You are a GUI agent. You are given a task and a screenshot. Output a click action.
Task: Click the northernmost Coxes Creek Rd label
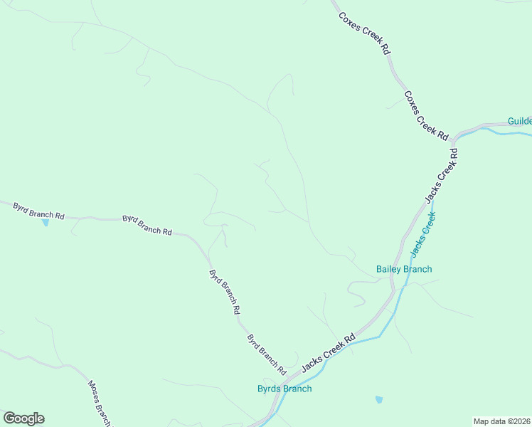click(x=365, y=34)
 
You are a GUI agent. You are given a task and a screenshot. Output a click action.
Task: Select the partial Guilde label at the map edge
click(x=520, y=121)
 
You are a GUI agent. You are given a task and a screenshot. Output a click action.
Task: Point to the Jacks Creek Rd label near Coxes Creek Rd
click(x=441, y=175)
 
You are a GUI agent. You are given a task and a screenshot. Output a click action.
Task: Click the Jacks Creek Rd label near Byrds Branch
click(x=328, y=354)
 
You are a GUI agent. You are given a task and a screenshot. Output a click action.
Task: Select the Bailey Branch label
click(x=404, y=269)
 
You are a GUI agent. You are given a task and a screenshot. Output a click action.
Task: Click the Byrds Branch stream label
click(x=284, y=389)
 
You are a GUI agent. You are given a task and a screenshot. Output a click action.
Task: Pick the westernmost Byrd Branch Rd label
click(x=39, y=210)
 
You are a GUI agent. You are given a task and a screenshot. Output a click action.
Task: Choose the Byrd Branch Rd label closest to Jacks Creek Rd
click(x=266, y=354)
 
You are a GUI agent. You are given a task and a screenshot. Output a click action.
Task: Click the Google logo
click(x=23, y=418)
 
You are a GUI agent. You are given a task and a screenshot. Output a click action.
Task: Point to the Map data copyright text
click(x=502, y=421)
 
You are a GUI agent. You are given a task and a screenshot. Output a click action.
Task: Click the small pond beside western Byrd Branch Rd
click(x=46, y=223)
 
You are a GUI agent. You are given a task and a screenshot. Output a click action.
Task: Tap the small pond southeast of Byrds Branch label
click(x=378, y=400)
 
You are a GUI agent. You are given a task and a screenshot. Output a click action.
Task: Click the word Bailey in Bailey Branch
click(x=389, y=269)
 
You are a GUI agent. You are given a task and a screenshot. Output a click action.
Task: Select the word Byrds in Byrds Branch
click(x=270, y=389)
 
